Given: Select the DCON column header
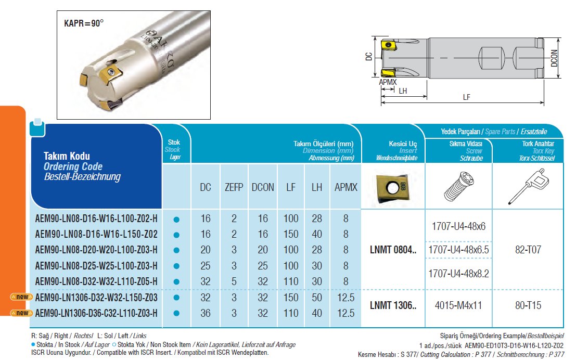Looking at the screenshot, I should pyautogui.click(x=263, y=187).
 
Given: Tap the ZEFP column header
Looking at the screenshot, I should pyautogui.click(x=234, y=187).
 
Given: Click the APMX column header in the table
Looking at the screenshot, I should pyautogui.click(x=345, y=187).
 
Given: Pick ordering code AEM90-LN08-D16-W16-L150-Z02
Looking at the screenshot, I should pyautogui.click(x=96, y=235).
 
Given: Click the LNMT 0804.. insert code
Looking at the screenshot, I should pyautogui.click(x=393, y=250).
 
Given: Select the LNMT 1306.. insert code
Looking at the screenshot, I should pyautogui.click(x=393, y=305).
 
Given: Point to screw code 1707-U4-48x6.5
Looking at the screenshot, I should pyautogui.click(x=458, y=250).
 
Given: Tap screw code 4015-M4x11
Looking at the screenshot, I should pyautogui.click(x=458, y=305).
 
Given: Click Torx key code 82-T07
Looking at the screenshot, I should pyautogui.click(x=528, y=250).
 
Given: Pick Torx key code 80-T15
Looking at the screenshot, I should pyautogui.click(x=528, y=305).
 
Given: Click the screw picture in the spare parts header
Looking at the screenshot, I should pyautogui.click(x=458, y=186).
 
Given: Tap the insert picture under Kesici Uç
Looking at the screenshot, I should pyautogui.click(x=392, y=186).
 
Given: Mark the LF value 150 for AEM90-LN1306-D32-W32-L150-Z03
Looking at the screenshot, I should pyautogui.click(x=291, y=298).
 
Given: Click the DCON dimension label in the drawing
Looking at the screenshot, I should pyautogui.click(x=554, y=58).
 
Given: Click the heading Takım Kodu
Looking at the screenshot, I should pyautogui.click(x=67, y=156).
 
